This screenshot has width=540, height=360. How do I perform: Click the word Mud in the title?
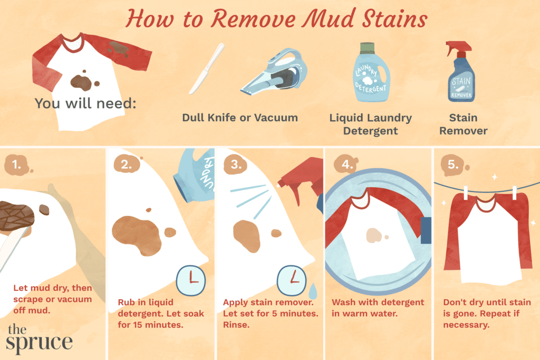(x=330, y=18)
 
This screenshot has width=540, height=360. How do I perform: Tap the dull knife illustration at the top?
(x=207, y=69)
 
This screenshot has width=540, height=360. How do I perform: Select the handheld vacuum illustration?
(x=274, y=72)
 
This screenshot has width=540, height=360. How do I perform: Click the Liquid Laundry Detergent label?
(x=371, y=124)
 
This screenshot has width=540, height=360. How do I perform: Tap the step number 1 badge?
(x=17, y=165)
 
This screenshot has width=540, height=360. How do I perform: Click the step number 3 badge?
(x=236, y=164)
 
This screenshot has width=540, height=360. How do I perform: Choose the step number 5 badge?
(x=453, y=165)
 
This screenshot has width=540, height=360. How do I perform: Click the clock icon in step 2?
(x=191, y=280)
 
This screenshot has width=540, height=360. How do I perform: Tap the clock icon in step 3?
(x=292, y=280)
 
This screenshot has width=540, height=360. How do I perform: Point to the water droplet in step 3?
(x=313, y=291)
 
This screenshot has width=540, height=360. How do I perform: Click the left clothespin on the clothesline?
(x=466, y=193)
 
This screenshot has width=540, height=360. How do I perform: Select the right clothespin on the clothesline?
(x=515, y=193)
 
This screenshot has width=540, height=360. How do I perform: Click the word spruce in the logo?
(x=39, y=343)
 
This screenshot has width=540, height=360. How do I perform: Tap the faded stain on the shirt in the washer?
(x=374, y=236)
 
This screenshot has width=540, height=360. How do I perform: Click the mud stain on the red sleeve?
(x=119, y=48)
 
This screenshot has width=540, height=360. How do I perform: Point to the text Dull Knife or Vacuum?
(x=240, y=118)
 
